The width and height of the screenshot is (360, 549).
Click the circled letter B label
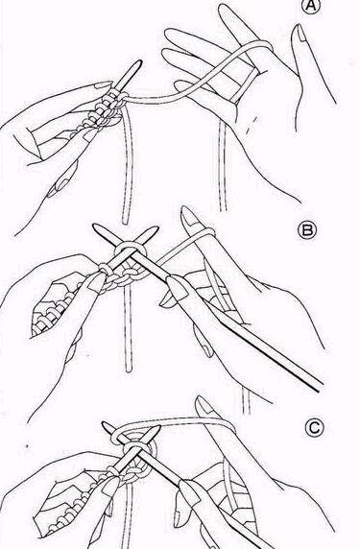(x=306, y=231)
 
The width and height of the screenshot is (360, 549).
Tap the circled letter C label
(x=315, y=428)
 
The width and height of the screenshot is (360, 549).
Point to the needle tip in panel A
(x=139, y=62)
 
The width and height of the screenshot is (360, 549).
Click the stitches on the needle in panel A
(x=102, y=110)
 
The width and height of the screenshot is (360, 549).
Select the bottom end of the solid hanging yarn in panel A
(x=126, y=222)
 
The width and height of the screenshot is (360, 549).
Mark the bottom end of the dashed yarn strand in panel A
(x=223, y=209)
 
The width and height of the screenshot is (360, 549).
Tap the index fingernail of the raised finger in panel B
(x=189, y=214)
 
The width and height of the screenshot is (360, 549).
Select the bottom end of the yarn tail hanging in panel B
(x=129, y=370)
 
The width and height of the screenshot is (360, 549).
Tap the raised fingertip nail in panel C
(x=204, y=405)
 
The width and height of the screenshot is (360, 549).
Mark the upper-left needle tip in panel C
(x=105, y=424)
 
